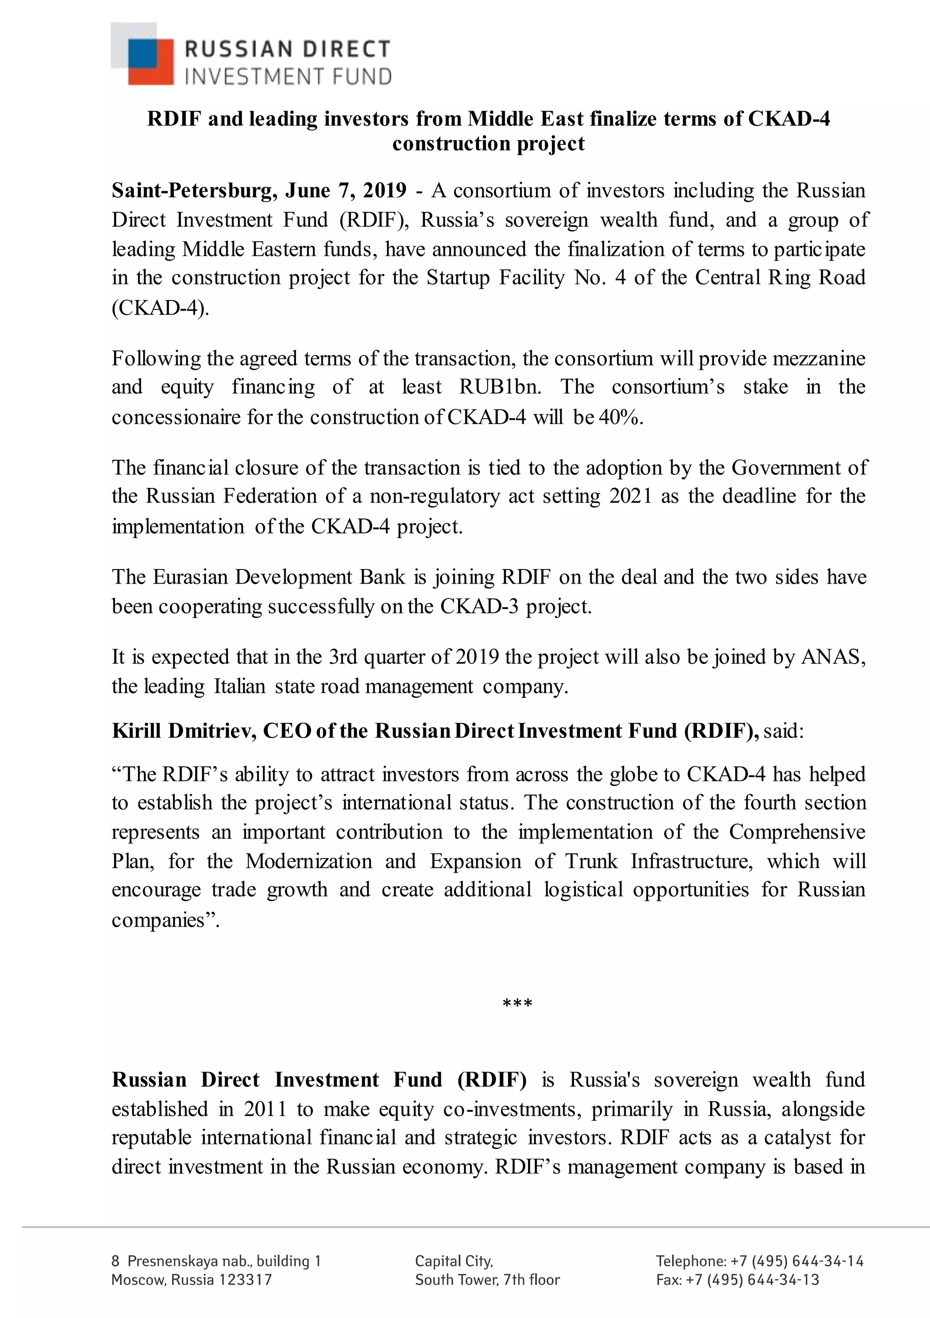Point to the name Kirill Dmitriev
tap(183, 731)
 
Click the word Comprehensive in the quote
tap(797, 832)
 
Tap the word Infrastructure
tap(692, 862)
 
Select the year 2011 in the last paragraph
tap(264, 1108)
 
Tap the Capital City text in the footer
tap(454, 1261)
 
